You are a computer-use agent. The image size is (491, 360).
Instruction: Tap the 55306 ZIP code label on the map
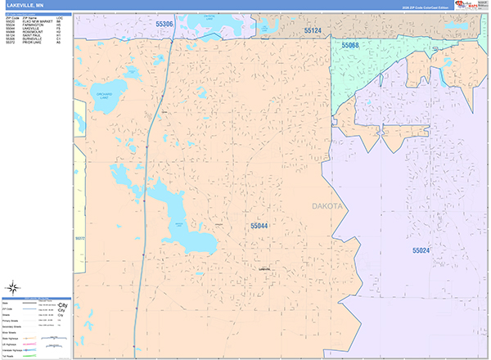click(x=164, y=25)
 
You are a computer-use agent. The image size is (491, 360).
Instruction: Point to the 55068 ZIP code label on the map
click(x=350, y=45)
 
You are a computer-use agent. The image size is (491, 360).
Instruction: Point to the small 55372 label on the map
click(x=79, y=238)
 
